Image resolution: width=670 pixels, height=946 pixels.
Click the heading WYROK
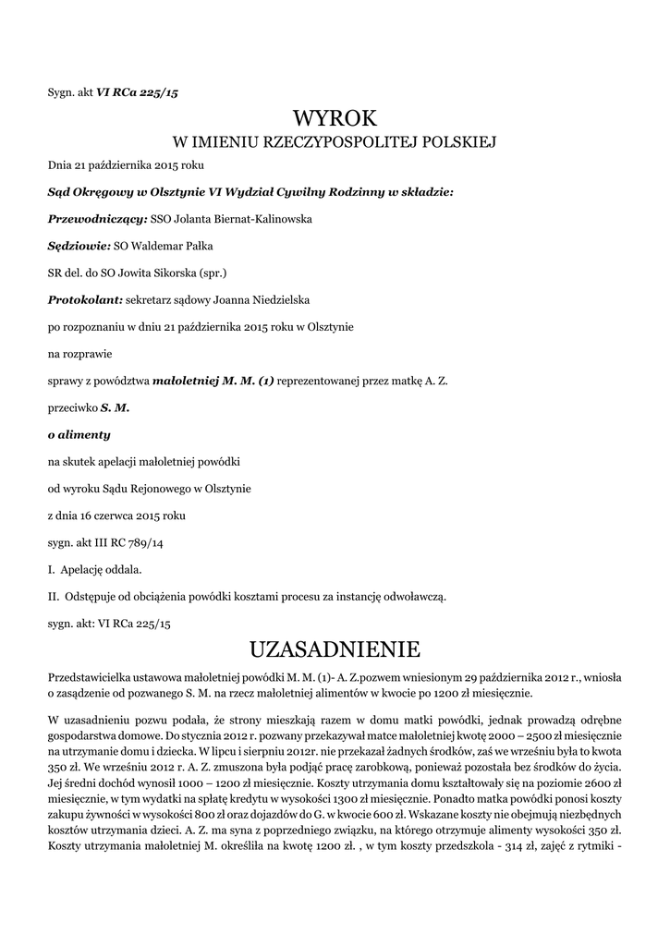point(335,118)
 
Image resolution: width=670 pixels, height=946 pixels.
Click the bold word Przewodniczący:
point(97,219)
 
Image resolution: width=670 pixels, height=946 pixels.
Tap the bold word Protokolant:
point(85,299)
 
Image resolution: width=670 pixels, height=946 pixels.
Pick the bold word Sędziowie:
point(79,246)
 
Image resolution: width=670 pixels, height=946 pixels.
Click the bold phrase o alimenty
point(79,434)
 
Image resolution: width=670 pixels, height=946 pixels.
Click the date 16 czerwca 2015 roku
point(136,515)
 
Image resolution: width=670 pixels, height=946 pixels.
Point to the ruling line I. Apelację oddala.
point(95,568)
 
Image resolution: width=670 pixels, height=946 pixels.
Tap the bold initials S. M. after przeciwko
point(116,406)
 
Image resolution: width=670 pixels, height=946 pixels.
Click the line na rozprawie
point(78,353)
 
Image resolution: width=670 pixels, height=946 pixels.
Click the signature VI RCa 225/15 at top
point(137,92)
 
